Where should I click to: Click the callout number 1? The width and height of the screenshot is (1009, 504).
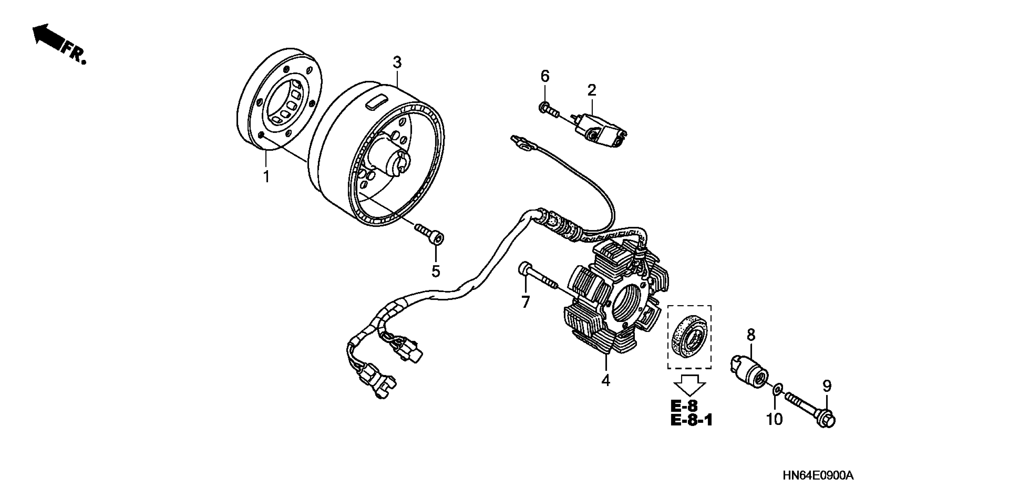[x=266, y=177]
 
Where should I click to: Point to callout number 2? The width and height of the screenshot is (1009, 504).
[x=592, y=90]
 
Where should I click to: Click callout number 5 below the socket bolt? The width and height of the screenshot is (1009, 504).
[x=436, y=271]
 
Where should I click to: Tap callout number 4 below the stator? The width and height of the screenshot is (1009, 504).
[x=605, y=381]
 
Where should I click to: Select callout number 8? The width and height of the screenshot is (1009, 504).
[x=750, y=335]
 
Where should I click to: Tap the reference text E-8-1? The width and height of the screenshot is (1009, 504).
[x=691, y=420]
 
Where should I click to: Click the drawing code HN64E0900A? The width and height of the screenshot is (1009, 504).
[x=817, y=476]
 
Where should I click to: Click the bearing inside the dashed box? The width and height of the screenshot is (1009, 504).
[x=689, y=338]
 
